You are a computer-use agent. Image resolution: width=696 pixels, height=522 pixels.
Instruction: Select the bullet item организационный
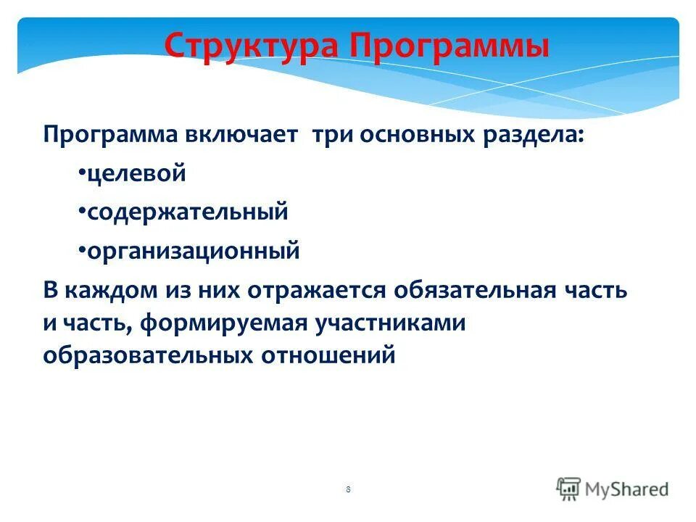click(193, 251)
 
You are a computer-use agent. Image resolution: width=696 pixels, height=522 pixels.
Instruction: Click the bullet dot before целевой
click(81, 175)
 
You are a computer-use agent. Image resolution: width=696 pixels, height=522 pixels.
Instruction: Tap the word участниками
click(389, 323)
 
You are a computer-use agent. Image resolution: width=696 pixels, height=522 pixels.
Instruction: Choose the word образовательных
click(142, 356)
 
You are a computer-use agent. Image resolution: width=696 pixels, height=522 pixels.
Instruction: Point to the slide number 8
click(348, 490)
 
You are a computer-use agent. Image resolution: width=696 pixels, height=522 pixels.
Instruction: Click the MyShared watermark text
click(627, 489)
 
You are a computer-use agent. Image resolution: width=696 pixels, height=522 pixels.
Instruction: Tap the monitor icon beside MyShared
click(568, 489)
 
